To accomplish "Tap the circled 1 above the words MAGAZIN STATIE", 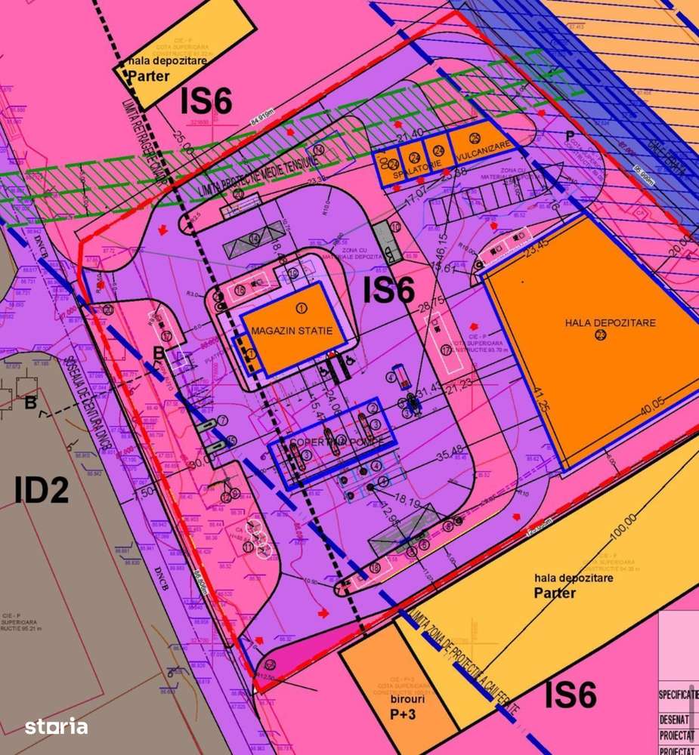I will pyautogui.click(x=301, y=307).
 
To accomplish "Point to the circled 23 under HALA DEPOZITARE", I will pyautogui.click(x=601, y=335).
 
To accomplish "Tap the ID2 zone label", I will pyautogui.click(x=42, y=489).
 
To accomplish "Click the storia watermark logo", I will pyautogui.click(x=57, y=726).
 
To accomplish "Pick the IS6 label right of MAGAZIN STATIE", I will pyautogui.click(x=388, y=289).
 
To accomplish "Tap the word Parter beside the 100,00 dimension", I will pyautogui.click(x=555, y=593).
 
